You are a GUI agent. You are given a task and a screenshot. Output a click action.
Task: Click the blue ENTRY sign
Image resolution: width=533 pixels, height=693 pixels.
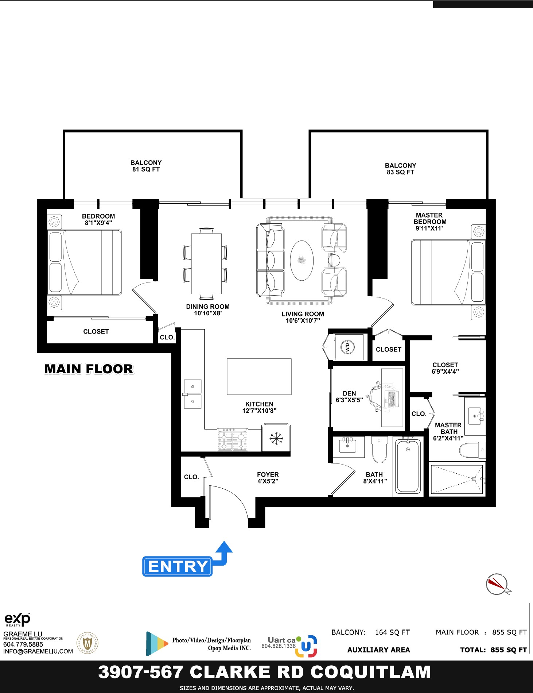click(x=177, y=566)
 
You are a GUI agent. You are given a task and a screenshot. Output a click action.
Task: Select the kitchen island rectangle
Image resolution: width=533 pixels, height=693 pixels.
click(x=259, y=377)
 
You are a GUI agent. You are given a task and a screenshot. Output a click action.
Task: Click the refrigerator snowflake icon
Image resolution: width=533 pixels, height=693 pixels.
click(x=276, y=438)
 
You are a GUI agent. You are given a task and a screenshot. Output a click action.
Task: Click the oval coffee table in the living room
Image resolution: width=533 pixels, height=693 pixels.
click(x=301, y=260)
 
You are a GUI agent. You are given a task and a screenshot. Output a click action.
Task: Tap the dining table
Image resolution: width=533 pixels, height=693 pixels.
click(x=206, y=263)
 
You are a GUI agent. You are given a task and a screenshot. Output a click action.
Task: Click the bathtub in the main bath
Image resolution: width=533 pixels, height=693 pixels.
click(x=408, y=466)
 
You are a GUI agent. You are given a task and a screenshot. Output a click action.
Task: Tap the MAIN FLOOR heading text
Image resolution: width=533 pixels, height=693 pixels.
click(x=89, y=369)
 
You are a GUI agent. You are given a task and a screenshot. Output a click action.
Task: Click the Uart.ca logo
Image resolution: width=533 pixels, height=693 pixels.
click(x=289, y=646)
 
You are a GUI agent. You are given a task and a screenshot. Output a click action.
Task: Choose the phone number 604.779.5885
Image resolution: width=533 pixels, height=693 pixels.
click(x=23, y=644)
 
